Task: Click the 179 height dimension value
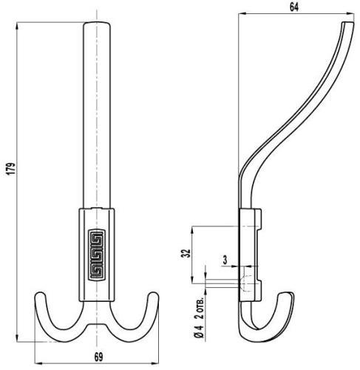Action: (11, 169)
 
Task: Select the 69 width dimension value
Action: (98, 357)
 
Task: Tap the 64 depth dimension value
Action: (293, 7)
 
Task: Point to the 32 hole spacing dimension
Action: (186, 253)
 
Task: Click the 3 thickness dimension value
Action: (225, 260)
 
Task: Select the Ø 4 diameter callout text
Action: (200, 331)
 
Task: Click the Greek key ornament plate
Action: (97, 255)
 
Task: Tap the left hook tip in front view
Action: (39, 294)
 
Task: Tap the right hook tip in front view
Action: (153, 294)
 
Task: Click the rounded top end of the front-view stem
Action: (97, 23)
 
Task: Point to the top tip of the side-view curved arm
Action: (348, 22)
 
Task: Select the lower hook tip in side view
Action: (286, 293)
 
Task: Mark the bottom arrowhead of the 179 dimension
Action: (17, 338)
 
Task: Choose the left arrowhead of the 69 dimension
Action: (38, 363)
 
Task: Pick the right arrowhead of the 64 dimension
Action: (351, 14)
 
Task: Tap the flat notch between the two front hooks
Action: (97, 324)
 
